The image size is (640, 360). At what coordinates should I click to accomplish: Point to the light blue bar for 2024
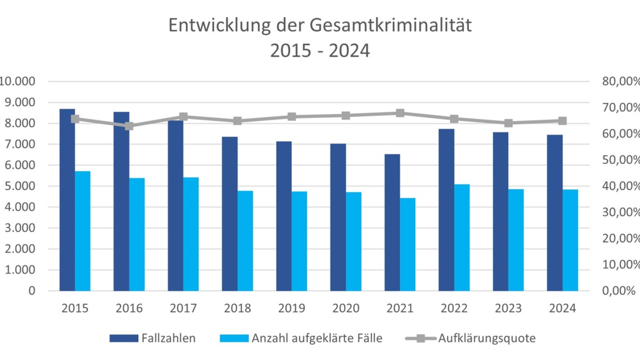[x=570, y=240]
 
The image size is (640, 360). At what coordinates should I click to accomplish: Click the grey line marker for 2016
[x=129, y=126]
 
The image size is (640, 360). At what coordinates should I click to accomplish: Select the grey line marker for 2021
[x=400, y=113]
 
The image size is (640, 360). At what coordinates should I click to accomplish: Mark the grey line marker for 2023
[x=508, y=123]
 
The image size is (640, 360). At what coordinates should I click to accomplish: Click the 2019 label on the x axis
[x=292, y=308]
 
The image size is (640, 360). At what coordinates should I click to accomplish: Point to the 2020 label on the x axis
[x=346, y=308]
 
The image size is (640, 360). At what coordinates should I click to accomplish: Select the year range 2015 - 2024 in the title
[x=320, y=51]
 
